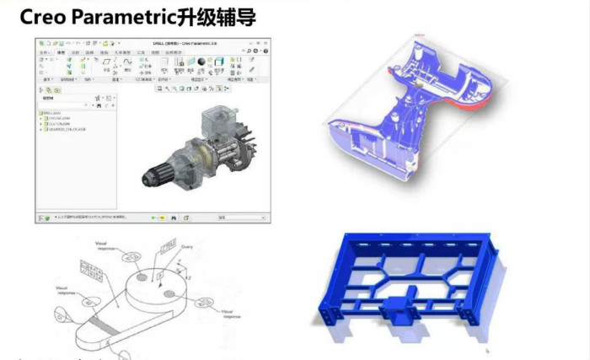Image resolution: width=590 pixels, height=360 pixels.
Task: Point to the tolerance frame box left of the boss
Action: pos(88,267)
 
